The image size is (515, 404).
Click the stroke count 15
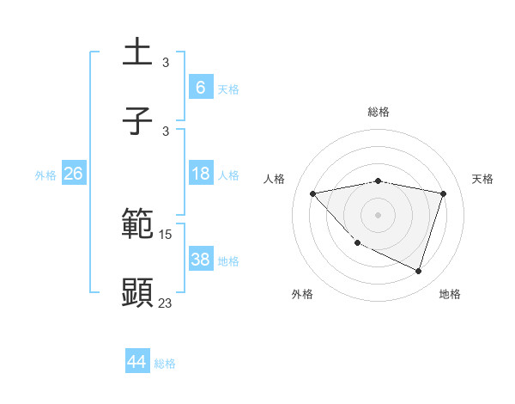coord(166,234)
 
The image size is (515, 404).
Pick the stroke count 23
coord(166,303)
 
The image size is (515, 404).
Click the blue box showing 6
coord(200,87)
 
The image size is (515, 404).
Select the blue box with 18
coord(200,174)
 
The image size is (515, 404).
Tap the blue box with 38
coord(200,260)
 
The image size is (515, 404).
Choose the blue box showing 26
coord(73,174)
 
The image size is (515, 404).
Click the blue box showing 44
coord(136,362)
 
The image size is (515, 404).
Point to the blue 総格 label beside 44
coord(165,364)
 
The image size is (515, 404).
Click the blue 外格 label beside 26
coord(45,175)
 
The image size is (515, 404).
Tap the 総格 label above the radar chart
coord(379,112)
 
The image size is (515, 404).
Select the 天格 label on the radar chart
coord(482,179)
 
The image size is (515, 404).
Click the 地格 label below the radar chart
coord(450,294)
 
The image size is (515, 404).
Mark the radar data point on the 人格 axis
coord(313,193)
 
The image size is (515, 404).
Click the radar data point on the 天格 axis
coord(443,193)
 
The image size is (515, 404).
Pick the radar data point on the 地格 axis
coord(418,271)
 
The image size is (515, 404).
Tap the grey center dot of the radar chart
coord(379,214)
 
